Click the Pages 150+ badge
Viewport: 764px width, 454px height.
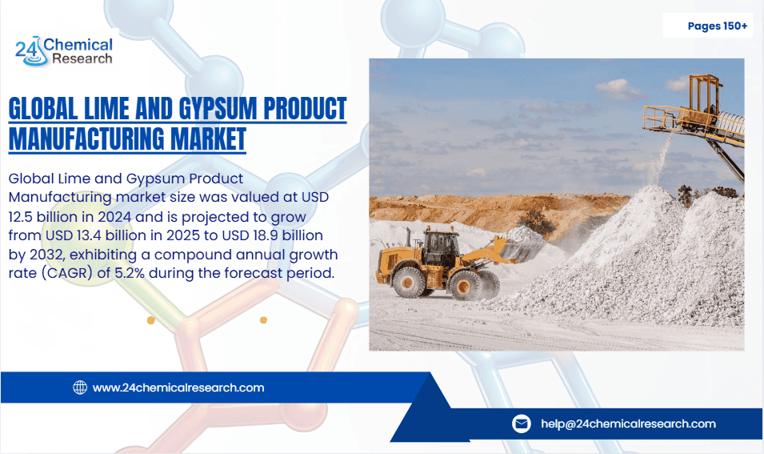pos(717,26)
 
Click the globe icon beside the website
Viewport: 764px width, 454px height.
pos(80,388)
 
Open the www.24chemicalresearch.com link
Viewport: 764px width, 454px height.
pos(178,388)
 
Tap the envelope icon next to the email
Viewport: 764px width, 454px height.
pos(522,424)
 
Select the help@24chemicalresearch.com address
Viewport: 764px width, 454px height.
pos(628,424)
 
